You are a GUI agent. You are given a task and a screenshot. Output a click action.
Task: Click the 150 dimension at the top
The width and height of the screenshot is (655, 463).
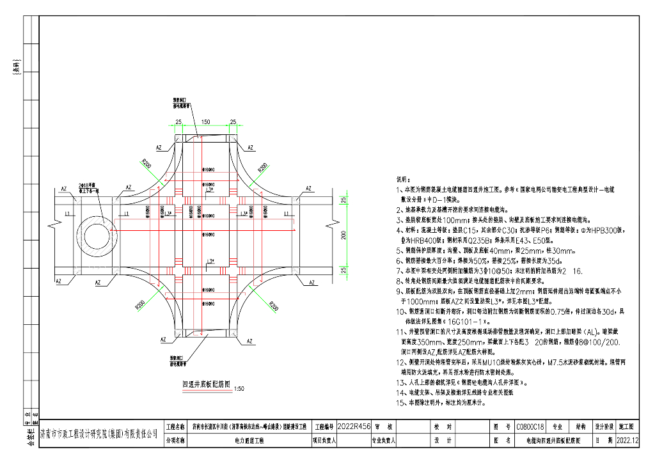point(205,122)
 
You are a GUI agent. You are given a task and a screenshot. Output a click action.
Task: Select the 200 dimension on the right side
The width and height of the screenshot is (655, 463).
point(343,235)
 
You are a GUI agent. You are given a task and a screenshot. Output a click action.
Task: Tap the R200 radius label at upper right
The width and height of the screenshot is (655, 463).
point(263,167)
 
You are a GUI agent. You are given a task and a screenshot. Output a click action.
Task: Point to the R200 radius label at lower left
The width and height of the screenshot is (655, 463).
point(139,306)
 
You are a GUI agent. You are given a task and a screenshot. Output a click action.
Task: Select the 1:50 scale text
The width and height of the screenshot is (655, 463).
point(239,388)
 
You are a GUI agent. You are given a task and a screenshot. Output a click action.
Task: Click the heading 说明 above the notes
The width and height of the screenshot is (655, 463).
point(402,179)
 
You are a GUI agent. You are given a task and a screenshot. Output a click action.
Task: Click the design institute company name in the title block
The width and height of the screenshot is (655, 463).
point(99,434)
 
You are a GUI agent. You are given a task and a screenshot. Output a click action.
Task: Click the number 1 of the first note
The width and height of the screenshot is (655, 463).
point(399,190)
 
